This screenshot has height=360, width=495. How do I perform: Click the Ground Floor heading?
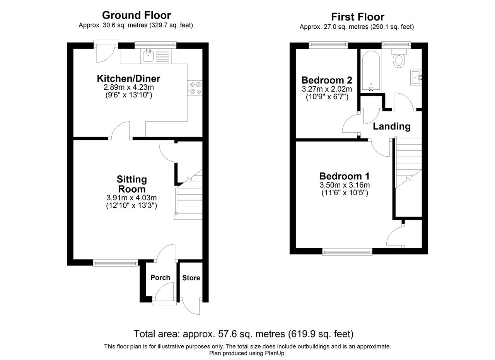pyautogui.click(x=137, y=15)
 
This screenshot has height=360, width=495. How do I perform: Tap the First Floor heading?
pyautogui.click(x=358, y=17)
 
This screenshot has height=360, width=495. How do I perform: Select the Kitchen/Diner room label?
pyautogui.click(x=128, y=78)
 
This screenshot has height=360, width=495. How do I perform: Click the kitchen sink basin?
pyautogui.click(x=148, y=56)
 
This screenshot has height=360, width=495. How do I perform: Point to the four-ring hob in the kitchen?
pyautogui.click(x=195, y=88)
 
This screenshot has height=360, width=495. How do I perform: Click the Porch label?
pyautogui.click(x=160, y=278)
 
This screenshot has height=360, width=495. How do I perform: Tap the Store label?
pyautogui.click(x=191, y=278)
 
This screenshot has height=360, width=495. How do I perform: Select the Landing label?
pyautogui.click(x=392, y=126)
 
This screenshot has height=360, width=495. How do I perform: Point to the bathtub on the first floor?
pyautogui.click(x=371, y=71)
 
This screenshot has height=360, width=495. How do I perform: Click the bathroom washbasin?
pyautogui.click(x=416, y=78)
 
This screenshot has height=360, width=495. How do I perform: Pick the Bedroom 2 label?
pyautogui.click(x=327, y=80)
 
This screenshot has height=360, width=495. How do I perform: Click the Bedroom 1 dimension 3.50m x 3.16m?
pyautogui.click(x=345, y=185)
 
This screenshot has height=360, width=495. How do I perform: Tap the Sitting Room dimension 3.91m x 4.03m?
pyautogui.click(x=131, y=198)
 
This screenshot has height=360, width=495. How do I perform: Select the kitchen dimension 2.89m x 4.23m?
pyautogui.click(x=129, y=87)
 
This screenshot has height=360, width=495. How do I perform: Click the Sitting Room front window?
pyautogui.click(x=115, y=263)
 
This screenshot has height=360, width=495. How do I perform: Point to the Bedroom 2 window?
pyautogui.click(x=328, y=45)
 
